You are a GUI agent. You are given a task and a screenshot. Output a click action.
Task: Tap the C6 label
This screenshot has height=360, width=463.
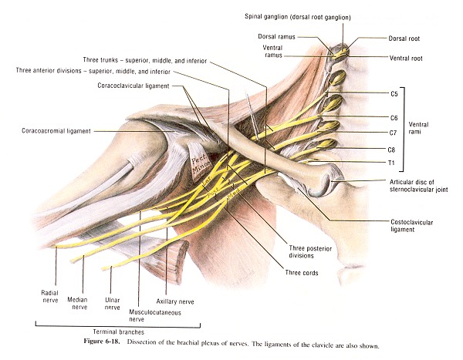pyautogui.click(x=394, y=118)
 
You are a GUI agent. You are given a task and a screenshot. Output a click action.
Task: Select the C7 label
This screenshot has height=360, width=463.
pyautogui.click(x=394, y=132)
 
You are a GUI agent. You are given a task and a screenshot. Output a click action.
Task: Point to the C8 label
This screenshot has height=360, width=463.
pyautogui.click(x=394, y=148)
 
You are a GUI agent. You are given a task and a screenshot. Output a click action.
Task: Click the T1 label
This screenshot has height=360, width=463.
pyautogui.click(x=392, y=163)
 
